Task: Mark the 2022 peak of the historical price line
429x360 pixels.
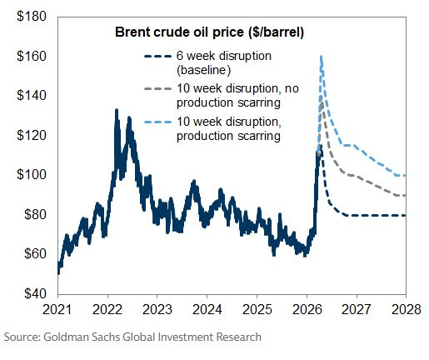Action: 115,109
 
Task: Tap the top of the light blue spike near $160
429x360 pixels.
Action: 321,56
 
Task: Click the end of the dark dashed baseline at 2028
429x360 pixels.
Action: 405,215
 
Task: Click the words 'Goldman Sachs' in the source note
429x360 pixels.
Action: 83,337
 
